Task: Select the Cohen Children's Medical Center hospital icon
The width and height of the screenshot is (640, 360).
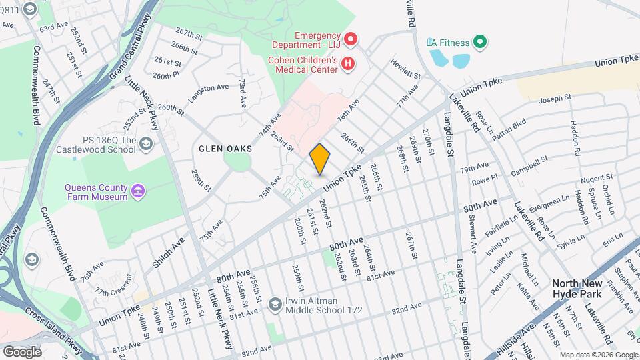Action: pyautogui.click(x=347, y=63)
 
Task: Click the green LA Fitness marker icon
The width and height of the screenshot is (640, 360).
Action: pyautogui.click(x=479, y=43)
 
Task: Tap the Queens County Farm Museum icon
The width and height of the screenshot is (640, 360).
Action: pyautogui.click(x=139, y=192)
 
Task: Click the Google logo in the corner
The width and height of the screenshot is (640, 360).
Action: pyautogui.click(x=23, y=351)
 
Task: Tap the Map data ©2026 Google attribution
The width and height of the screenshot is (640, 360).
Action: pyautogui.click(x=598, y=355)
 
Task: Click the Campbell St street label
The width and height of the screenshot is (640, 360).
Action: pyautogui.click(x=529, y=167)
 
